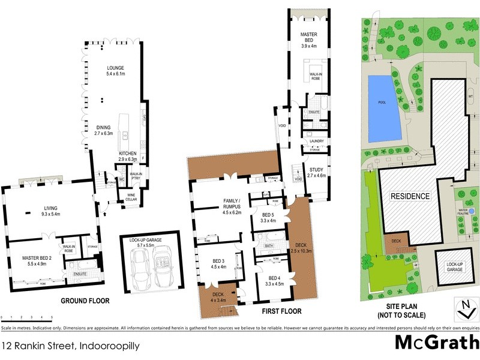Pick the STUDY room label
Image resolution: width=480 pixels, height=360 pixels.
(x=316, y=172)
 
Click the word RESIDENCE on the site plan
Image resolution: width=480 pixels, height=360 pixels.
(x=410, y=196)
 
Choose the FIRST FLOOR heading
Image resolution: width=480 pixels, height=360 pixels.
(x=281, y=311)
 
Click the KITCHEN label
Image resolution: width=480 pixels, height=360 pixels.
(x=127, y=154)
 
